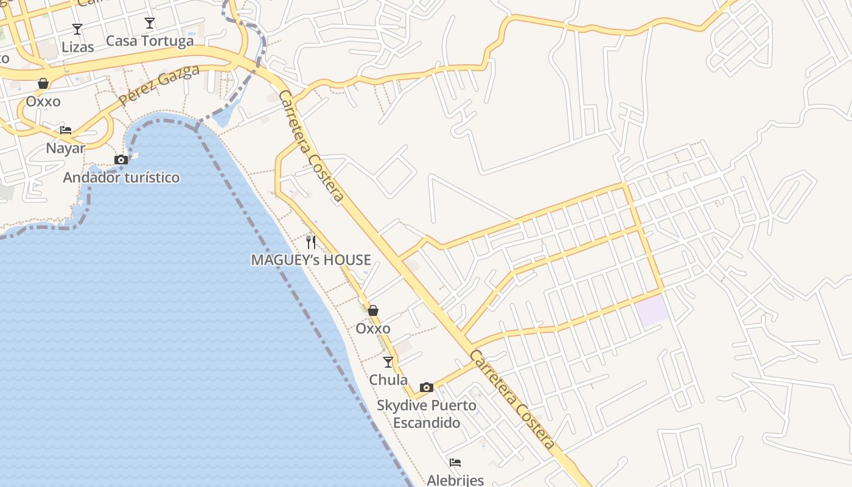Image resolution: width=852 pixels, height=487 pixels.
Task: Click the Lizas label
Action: click(78, 47)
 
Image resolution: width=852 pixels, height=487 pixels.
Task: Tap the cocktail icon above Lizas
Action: click(77, 29)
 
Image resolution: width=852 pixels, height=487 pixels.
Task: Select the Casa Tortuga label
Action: click(150, 41)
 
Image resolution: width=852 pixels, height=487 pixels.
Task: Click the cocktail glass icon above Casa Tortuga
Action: click(150, 23)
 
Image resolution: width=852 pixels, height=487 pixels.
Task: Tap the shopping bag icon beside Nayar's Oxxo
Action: click(43, 83)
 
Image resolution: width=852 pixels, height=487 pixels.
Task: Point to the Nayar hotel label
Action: click(66, 148)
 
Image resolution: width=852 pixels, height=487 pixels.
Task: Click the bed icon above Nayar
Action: click(66, 130)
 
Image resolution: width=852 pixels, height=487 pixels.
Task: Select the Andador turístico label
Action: click(122, 177)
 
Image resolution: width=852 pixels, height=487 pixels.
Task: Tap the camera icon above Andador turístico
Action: click(121, 159)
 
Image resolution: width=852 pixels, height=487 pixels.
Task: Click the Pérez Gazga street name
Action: click(159, 86)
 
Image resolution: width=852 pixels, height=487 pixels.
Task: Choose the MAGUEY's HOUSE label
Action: click(311, 260)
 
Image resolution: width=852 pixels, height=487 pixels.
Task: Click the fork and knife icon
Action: click(311, 242)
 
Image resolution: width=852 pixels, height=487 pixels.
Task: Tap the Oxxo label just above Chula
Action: click(373, 329)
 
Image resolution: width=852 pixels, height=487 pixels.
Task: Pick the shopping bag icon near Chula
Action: click(373, 310)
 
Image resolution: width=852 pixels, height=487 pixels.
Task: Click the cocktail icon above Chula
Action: click(388, 362)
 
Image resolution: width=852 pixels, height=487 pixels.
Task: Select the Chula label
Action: click(388, 380)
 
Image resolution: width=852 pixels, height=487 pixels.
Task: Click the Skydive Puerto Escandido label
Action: click(427, 414)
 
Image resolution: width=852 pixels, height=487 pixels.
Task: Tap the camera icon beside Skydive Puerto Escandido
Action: click(427, 387)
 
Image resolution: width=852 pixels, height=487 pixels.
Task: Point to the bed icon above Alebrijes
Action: click(455, 463)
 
